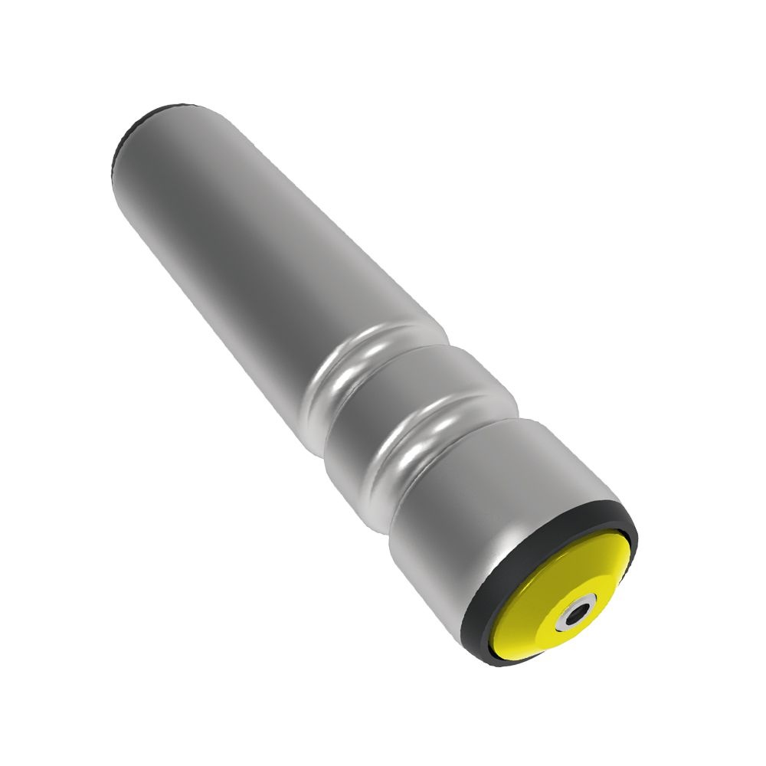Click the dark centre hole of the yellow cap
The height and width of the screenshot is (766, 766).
[576, 614]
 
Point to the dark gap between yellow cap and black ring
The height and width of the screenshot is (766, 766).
[497, 628]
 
